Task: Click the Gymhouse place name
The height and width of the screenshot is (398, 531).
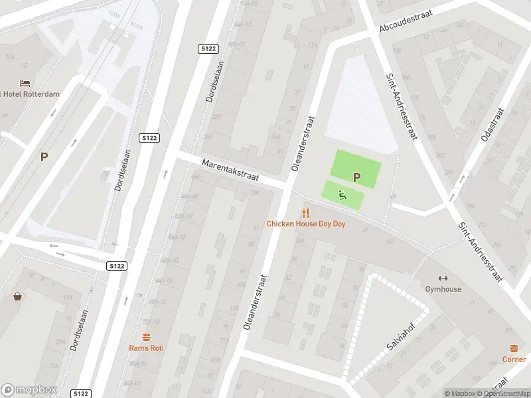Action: pos(443,289)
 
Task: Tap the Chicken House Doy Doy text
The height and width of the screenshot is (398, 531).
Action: pos(306,224)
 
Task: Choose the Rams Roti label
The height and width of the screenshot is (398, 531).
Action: pos(147,348)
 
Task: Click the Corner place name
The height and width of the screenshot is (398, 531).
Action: pos(514,360)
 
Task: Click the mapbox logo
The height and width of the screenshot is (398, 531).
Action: pos(29,390)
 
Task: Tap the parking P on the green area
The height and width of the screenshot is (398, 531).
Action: pos(356,177)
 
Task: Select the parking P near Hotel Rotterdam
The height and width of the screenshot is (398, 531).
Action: pos(44,157)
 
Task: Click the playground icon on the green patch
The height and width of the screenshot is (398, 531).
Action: pos(342,194)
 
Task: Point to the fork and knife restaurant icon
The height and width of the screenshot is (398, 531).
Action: pos(306,212)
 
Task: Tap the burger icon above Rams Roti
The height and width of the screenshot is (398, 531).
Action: pos(147,336)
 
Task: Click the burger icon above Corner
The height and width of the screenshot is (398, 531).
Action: pos(514,348)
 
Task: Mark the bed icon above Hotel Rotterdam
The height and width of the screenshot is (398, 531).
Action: pos(25,83)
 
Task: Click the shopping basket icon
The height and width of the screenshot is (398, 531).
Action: pos(17,297)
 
